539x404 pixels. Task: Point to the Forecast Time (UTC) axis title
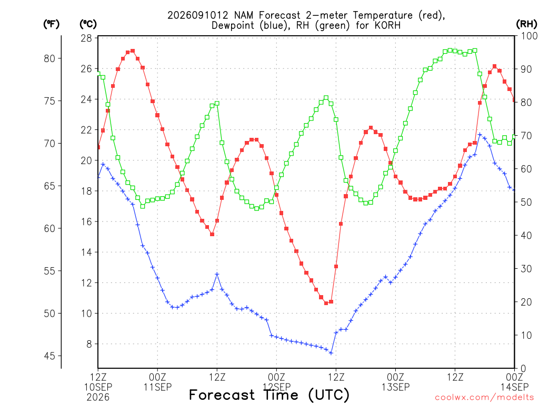(x=269, y=395)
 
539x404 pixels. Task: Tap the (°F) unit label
(x=51, y=24)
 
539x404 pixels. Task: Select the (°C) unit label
(x=88, y=24)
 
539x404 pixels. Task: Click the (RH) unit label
(x=526, y=24)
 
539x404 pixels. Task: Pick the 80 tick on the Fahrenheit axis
(x=49, y=59)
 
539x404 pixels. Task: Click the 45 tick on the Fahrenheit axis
(x=49, y=356)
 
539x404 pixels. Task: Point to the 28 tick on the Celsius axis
(x=86, y=38)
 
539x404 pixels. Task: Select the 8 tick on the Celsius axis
(x=89, y=344)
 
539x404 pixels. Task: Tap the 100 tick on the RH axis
(x=529, y=36)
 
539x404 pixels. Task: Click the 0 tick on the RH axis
(x=523, y=369)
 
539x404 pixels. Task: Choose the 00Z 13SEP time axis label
(x=396, y=382)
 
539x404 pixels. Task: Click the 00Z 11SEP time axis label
(x=157, y=382)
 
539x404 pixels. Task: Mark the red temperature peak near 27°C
(x=133, y=51)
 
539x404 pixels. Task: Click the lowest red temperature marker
(x=326, y=303)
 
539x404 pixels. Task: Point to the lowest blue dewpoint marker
(x=331, y=353)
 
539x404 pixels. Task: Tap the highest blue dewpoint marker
(x=480, y=135)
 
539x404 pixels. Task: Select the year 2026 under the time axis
(x=98, y=398)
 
